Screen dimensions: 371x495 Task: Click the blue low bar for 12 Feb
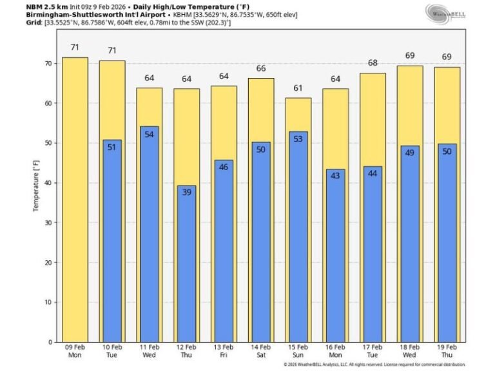[x=186, y=264]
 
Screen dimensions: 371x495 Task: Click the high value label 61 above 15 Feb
[x=298, y=88]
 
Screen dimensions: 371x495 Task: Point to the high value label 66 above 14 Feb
[x=261, y=68]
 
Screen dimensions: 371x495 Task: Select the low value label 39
[x=186, y=192]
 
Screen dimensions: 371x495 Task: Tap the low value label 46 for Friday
[x=224, y=167]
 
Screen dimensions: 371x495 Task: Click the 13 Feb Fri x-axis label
[x=224, y=352]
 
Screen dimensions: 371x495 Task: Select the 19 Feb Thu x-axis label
[x=447, y=352]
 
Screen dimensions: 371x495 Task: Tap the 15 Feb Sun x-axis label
[x=298, y=352]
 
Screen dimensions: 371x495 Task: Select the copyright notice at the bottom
[x=374, y=364]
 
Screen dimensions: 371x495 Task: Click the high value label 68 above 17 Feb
[x=373, y=62]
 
